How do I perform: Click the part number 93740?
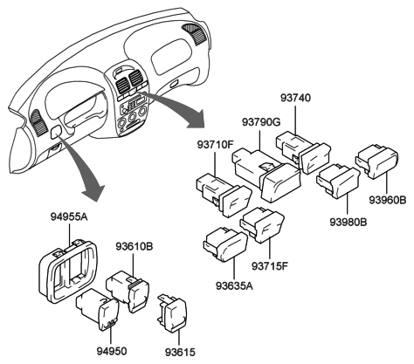pos(295,98)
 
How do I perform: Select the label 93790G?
pos(261,122)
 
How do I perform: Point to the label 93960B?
pos(388,200)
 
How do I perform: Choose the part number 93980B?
pos(348,223)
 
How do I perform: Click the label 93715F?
pos(270,266)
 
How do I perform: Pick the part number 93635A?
pos(234,286)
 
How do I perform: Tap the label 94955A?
pos(69,216)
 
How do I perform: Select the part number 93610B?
pos(135,246)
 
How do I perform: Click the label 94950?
pos(112,351)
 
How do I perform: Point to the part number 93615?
pos(180,353)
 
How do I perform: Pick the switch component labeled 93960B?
pos(377,163)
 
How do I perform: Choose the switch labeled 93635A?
pos(225,244)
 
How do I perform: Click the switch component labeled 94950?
pos(99,310)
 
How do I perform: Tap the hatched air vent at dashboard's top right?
pos(195,34)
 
